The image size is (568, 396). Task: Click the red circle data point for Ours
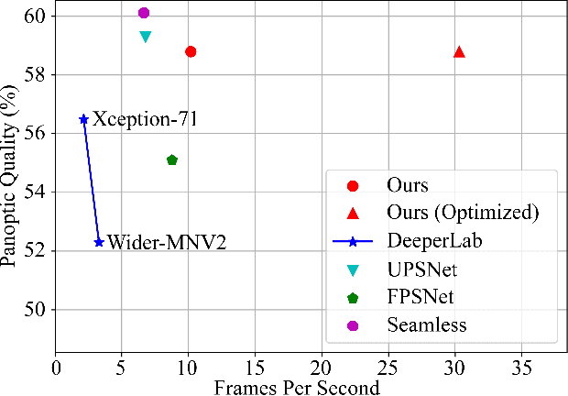point(191,51)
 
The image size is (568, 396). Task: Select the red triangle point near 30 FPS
point(459,51)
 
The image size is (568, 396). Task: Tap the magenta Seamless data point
point(144,13)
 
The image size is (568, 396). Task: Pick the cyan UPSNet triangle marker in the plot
point(146,37)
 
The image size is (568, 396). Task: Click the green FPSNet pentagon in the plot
point(172,159)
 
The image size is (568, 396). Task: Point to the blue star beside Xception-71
point(83,119)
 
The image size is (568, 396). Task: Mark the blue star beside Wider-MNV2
point(99,242)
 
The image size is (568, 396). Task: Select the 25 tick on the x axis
point(388,368)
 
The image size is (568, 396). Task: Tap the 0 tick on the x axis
point(56,368)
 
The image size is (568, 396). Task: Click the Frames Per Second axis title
point(297,387)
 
